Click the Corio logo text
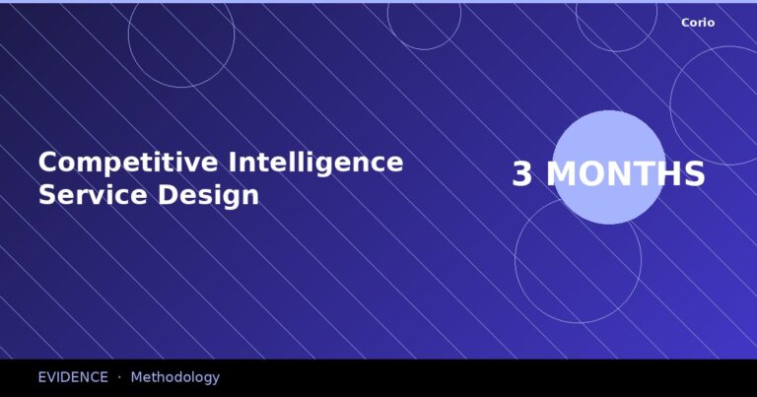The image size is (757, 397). [x=698, y=23]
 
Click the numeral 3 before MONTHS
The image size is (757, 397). [x=521, y=174]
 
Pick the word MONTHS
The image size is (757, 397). [x=626, y=174]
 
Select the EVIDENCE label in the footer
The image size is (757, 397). [x=73, y=377]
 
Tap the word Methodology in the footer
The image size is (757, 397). [x=175, y=377]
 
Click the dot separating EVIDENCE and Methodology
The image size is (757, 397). [x=119, y=377]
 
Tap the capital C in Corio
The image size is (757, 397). [x=685, y=23]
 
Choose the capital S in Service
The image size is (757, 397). [x=47, y=194]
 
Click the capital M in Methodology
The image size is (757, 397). [x=137, y=377]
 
